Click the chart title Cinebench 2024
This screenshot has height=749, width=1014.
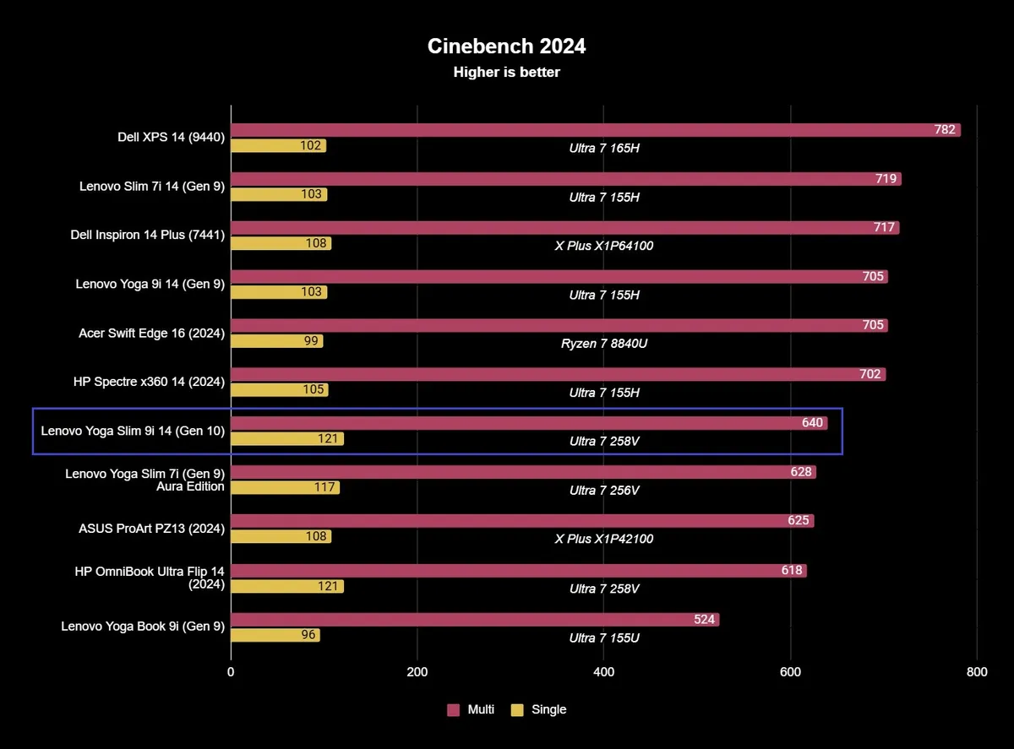pyautogui.click(x=506, y=46)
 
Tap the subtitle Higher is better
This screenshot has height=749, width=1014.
pyautogui.click(x=506, y=73)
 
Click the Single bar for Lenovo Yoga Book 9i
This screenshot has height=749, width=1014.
pyautogui.click(x=275, y=635)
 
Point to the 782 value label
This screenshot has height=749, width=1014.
pyautogui.click(x=945, y=130)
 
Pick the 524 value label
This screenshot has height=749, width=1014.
pyautogui.click(x=705, y=620)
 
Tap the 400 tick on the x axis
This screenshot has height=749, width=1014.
pyautogui.click(x=603, y=672)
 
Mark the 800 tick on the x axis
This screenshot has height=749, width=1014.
pyautogui.click(x=976, y=672)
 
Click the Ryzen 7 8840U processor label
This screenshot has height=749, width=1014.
pyautogui.click(x=603, y=344)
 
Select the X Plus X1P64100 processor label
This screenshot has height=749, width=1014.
pyautogui.click(x=603, y=246)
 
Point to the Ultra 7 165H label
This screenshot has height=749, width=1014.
pyautogui.click(x=603, y=148)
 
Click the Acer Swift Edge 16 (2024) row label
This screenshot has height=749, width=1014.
pyautogui.click(x=151, y=334)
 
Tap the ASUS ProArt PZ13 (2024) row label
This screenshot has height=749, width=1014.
pyautogui.click(x=151, y=529)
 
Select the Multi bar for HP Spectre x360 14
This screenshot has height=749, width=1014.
pyautogui.click(x=558, y=374)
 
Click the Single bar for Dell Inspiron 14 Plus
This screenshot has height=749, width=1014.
pyautogui.click(x=281, y=243)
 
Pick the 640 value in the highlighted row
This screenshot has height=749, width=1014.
pyautogui.click(x=812, y=423)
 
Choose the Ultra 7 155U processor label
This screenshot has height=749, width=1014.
pyautogui.click(x=603, y=638)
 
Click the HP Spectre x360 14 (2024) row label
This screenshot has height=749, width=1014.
pyautogui.click(x=150, y=383)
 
